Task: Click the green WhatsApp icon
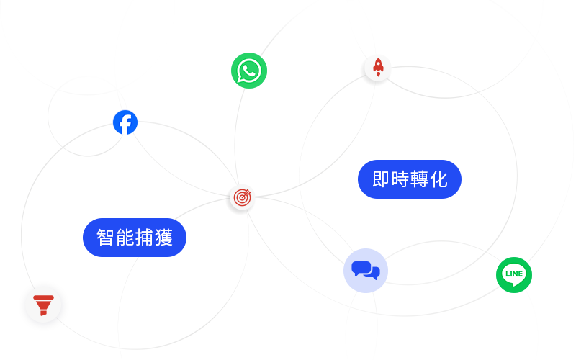point(249,71)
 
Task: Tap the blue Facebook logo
point(125,122)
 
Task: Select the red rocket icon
point(378,68)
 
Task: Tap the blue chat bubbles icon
point(366,271)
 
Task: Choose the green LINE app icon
point(514,274)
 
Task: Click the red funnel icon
point(43,305)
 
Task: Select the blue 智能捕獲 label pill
point(135,238)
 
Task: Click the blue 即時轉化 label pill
point(410,179)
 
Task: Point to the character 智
point(105,238)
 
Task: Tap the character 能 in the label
point(125,238)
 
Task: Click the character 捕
point(144,238)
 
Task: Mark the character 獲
point(164,238)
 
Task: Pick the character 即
point(381,179)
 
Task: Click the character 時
point(400,179)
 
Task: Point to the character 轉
point(420,179)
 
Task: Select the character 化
point(439,179)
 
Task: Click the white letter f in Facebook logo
point(125,124)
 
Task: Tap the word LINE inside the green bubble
point(514,274)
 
